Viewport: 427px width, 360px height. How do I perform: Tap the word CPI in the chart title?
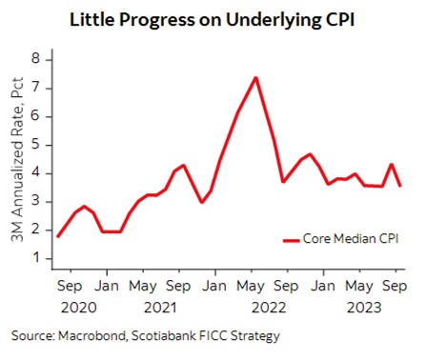[337, 19]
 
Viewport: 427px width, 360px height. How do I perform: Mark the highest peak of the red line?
[255, 77]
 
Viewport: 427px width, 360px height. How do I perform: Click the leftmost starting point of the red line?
[58, 236]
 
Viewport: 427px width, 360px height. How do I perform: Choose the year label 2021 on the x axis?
[160, 308]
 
